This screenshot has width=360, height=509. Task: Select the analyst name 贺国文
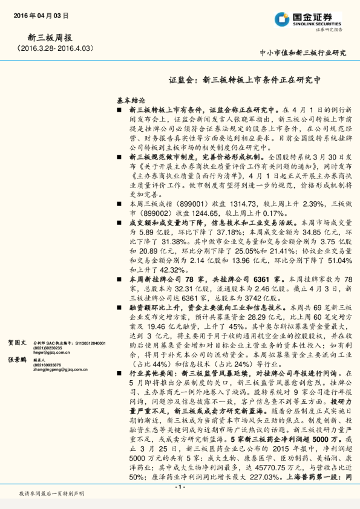tap(16, 342)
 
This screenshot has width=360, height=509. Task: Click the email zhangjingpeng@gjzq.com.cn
tap(59, 369)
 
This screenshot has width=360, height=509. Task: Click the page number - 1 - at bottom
tap(179, 487)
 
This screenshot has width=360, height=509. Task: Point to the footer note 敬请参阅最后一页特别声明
tap(51, 494)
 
